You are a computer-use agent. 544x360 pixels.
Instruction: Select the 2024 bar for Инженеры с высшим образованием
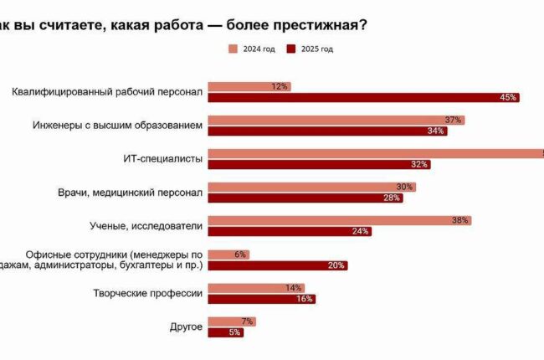pos(335,120)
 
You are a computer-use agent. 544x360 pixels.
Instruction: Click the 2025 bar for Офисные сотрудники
pos(276,265)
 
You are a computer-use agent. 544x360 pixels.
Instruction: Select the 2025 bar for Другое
pos(224,332)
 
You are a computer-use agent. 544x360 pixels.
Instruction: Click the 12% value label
pos(280,86)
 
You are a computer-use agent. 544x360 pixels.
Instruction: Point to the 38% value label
pos(459,221)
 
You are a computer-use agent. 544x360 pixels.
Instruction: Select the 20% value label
pos(336,265)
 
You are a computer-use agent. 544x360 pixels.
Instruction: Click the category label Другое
pos(186,327)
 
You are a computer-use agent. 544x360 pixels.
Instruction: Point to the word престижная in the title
pos(313,24)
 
